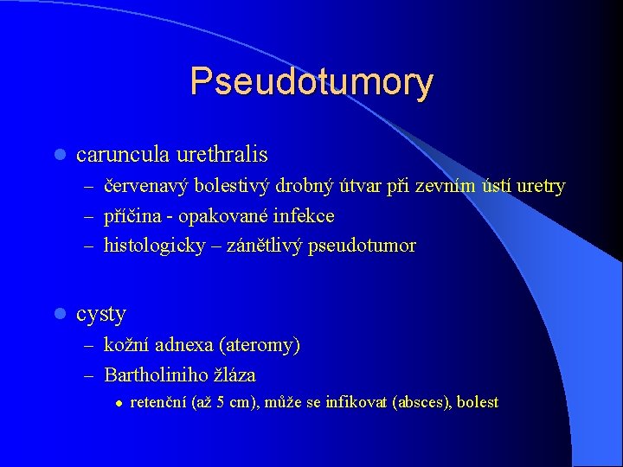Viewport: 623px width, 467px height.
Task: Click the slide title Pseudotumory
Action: (311, 81)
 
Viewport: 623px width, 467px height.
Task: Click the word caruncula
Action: (122, 155)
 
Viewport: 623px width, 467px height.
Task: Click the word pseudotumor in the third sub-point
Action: (367, 246)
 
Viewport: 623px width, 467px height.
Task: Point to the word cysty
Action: (101, 313)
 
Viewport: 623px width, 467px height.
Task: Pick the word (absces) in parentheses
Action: (421, 402)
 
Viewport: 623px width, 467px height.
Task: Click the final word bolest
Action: (478, 402)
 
